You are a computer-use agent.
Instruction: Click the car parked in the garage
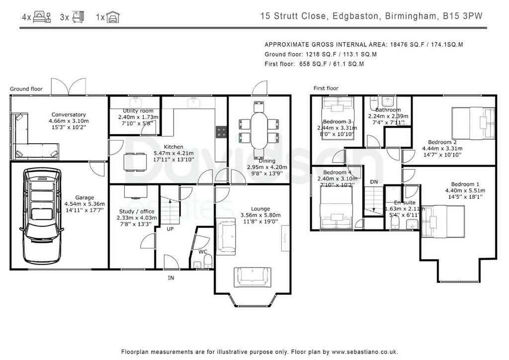[x=42, y=216]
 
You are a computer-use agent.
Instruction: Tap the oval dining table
[x=258, y=130]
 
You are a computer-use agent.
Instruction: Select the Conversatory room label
[x=69, y=114]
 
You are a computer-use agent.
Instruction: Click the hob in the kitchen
[x=222, y=132]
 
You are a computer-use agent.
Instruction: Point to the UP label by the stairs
[x=170, y=229]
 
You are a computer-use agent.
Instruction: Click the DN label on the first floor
[x=374, y=182]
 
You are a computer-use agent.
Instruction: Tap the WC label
[x=203, y=252]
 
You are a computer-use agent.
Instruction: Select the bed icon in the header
[x=42, y=16]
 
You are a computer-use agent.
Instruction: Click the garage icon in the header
[x=113, y=17]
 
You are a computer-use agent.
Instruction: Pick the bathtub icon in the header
[x=78, y=17]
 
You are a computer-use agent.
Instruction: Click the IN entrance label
[x=171, y=278]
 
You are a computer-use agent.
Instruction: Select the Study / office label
[x=137, y=211]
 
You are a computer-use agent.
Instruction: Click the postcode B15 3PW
[x=463, y=16]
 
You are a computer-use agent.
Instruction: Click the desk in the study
[x=136, y=191]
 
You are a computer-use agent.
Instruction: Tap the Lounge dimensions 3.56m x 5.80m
[x=260, y=215]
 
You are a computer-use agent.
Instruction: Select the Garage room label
[x=85, y=197]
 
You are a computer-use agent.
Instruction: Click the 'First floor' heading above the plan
[x=326, y=88]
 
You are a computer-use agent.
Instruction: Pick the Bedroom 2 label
[x=442, y=142]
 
